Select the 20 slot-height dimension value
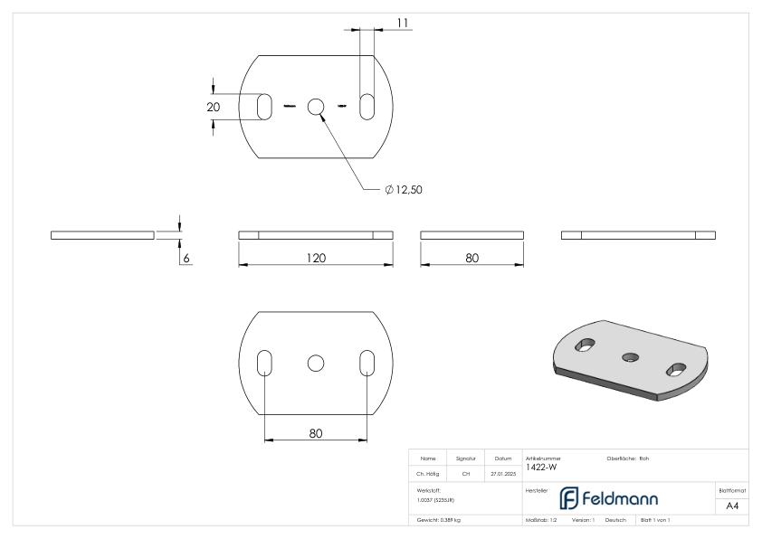[x=214, y=107]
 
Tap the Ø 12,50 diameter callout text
[x=404, y=190]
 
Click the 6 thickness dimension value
[x=187, y=258]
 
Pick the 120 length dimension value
[x=315, y=258]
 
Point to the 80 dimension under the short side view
[x=471, y=258]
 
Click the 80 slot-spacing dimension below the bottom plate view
[x=315, y=433]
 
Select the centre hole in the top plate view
[x=315, y=107]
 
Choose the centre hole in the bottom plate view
[x=315, y=363]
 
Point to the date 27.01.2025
[x=501, y=472]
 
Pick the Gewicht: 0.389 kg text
[x=437, y=520]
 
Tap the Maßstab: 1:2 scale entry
[x=543, y=520]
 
